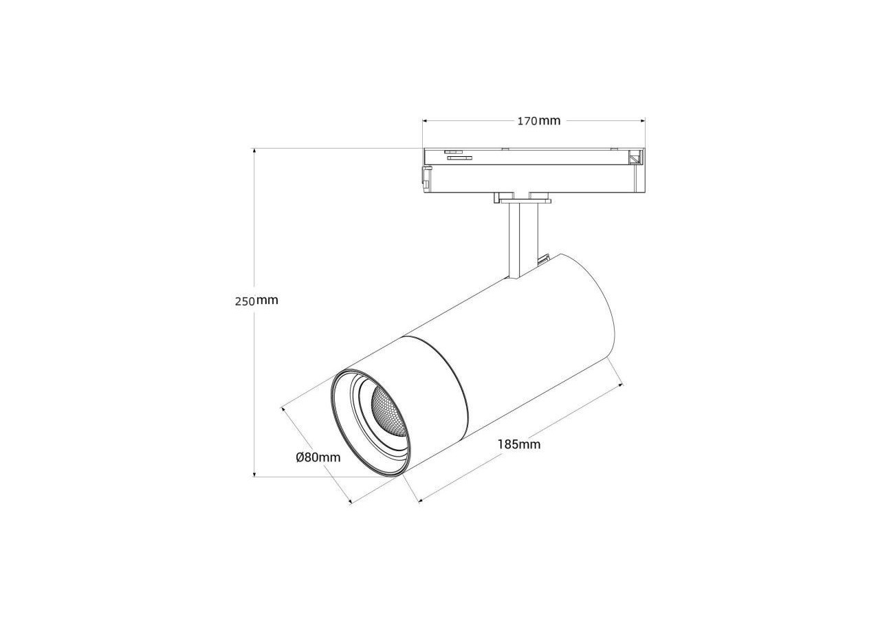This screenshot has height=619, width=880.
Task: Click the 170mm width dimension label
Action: [x=538, y=121]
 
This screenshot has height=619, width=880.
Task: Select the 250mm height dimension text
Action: [x=256, y=301]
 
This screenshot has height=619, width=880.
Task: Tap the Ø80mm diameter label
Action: [x=318, y=457]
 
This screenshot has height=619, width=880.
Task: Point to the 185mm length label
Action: [x=519, y=444]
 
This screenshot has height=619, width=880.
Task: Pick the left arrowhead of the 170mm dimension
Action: [x=426, y=121]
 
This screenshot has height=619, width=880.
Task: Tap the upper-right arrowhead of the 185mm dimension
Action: [x=619, y=387]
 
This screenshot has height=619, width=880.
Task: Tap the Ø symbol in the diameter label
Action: [x=300, y=457]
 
